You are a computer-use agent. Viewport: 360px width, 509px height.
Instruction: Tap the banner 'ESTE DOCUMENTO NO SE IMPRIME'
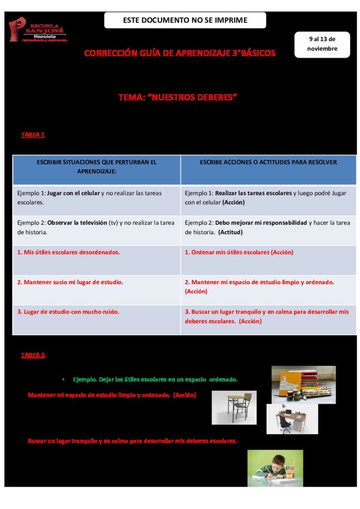click(x=185, y=20)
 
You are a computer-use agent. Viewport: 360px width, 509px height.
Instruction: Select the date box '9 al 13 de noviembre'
click(x=322, y=44)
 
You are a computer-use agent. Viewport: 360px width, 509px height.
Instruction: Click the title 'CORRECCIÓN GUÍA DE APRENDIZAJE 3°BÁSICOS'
click(x=180, y=53)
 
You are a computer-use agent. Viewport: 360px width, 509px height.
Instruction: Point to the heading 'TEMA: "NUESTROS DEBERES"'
click(x=178, y=97)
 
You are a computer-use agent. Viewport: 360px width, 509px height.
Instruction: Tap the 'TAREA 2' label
click(x=33, y=355)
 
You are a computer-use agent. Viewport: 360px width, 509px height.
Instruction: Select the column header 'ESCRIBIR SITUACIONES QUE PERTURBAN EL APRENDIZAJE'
click(x=96, y=167)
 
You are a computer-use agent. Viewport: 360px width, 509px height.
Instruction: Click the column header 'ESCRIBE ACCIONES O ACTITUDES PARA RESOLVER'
click(x=268, y=163)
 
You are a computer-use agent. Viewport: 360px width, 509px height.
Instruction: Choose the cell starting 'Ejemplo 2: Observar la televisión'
click(x=96, y=227)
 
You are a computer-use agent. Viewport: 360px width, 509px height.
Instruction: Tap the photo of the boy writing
click(x=275, y=467)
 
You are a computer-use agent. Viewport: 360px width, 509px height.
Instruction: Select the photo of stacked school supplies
click(x=303, y=384)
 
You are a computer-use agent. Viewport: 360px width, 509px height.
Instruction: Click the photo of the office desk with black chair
click(x=292, y=419)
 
